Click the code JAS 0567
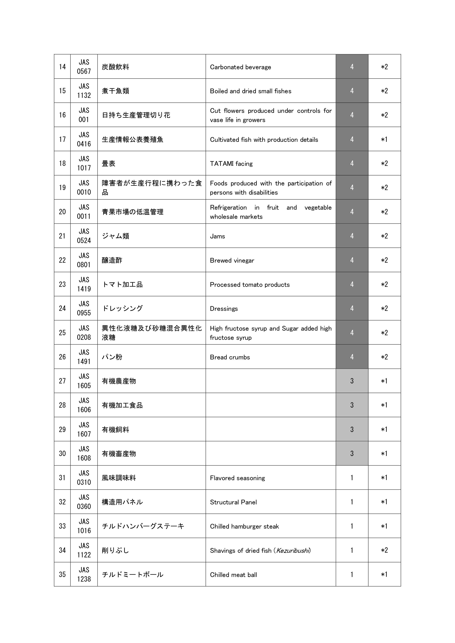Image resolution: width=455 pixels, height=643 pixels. point(84,67)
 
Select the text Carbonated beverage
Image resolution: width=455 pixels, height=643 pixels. point(240,67)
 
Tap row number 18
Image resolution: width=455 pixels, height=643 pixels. point(62,163)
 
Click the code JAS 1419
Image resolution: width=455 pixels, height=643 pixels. point(84,284)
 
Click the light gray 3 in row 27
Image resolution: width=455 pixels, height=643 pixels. point(352,381)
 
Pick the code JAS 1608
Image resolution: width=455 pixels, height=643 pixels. point(84,453)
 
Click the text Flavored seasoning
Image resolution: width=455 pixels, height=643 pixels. point(237,478)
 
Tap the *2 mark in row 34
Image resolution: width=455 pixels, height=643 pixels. point(384,550)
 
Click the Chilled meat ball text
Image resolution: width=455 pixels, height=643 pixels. point(233,575)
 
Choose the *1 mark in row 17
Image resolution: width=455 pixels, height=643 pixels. point(384,139)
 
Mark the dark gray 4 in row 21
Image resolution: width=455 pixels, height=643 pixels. point(352,236)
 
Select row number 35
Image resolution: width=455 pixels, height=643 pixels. point(62,574)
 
